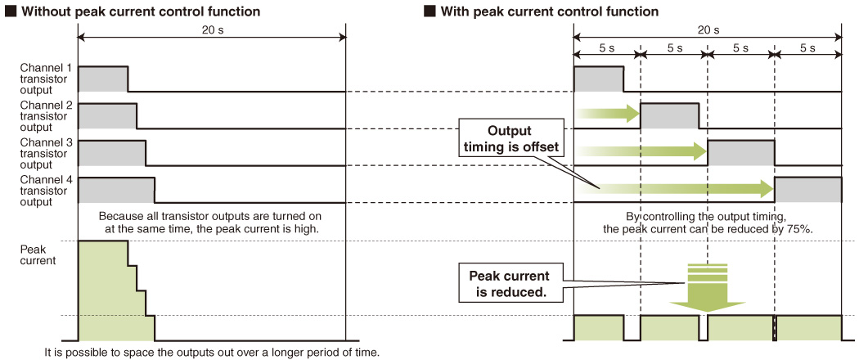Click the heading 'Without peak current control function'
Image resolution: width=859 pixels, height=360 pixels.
[x=140, y=11]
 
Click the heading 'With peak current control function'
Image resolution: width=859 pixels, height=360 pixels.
[x=550, y=11]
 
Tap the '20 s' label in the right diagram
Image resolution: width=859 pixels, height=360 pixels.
[x=708, y=30]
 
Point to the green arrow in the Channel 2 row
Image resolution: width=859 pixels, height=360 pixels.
[x=609, y=114]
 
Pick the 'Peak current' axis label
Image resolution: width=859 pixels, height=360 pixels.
[x=38, y=254]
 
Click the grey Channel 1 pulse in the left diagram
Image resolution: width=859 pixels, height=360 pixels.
[x=103, y=79]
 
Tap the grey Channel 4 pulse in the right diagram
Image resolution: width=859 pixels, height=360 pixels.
[x=808, y=190]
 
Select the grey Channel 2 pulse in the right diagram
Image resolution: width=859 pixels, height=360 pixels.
[x=669, y=115]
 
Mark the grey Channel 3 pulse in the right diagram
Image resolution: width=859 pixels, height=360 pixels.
[x=740, y=153]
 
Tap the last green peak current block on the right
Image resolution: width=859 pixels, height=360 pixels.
[x=809, y=327]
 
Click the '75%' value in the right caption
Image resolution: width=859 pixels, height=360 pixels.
[x=801, y=229]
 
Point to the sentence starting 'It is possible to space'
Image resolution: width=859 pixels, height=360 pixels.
[x=211, y=352]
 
